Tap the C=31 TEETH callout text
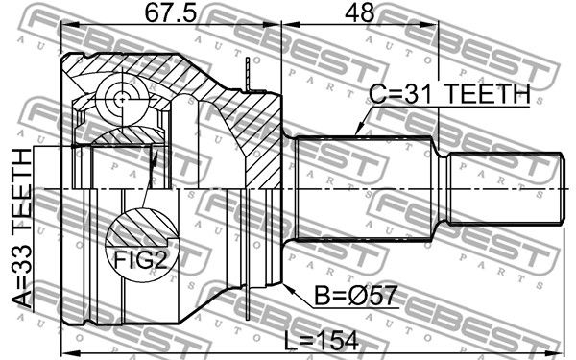449,94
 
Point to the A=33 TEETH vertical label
22,228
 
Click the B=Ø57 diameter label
356,296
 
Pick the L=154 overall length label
322,341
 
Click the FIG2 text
141,259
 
